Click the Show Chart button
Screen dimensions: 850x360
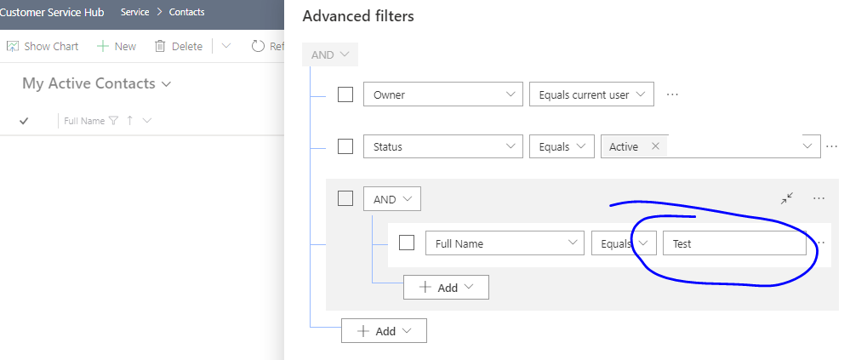tap(43, 47)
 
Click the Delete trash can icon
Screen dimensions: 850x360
tap(160, 47)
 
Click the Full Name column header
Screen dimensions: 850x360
tap(84, 121)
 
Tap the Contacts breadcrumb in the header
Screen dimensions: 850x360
tap(186, 12)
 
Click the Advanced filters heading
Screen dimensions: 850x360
tap(358, 16)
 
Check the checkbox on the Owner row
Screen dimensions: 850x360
tap(345, 94)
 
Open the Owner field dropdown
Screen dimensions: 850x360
tap(443, 94)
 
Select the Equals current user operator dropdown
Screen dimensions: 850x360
tap(591, 94)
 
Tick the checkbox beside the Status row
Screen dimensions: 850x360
tap(345, 146)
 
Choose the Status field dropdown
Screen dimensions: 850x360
tap(443, 146)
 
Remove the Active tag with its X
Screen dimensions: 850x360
tap(655, 146)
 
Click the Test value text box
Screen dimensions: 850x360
tap(734, 243)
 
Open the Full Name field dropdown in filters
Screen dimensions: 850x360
tap(505, 243)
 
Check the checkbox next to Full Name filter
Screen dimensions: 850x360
tap(407, 243)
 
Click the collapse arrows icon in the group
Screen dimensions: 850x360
tap(787, 198)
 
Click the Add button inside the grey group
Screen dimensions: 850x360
tap(446, 288)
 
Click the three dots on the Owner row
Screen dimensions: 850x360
tap(672, 94)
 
